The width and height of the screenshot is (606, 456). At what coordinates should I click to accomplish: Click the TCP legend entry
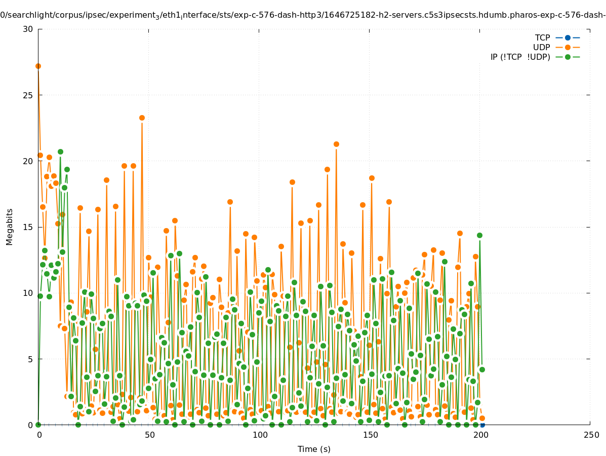point(542,38)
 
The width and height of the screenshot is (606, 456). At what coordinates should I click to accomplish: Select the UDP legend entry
point(541,48)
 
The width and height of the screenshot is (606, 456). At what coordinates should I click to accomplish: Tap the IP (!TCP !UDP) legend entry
point(520,57)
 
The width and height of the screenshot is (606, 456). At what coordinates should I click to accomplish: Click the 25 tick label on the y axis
point(28,95)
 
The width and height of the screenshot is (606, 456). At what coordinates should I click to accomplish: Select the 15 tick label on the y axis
point(28,227)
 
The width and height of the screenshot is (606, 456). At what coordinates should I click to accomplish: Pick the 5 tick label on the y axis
point(30,359)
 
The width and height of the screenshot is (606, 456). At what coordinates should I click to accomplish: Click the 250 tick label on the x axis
point(590,435)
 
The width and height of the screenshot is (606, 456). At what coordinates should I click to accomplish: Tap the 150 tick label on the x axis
point(370,435)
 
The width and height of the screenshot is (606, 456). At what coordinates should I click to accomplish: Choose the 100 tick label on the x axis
point(259,435)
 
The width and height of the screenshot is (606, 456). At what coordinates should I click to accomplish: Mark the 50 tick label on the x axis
point(149,435)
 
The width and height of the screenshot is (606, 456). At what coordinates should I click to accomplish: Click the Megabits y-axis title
point(10,226)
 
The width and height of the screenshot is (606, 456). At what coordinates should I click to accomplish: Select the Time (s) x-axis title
point(314,449)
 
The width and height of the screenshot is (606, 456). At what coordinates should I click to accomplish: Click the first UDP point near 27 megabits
point(38,66)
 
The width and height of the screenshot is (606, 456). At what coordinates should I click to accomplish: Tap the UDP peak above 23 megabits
point(142,118)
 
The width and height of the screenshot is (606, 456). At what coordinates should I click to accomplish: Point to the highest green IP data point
point(60,151)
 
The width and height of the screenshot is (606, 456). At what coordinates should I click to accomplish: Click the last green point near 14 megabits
point(479,235)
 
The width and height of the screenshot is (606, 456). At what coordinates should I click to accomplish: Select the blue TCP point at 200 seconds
point(482,425)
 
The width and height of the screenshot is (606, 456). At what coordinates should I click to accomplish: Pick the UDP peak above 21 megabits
point(336,144)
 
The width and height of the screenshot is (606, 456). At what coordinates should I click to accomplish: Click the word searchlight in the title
point(28,15)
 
